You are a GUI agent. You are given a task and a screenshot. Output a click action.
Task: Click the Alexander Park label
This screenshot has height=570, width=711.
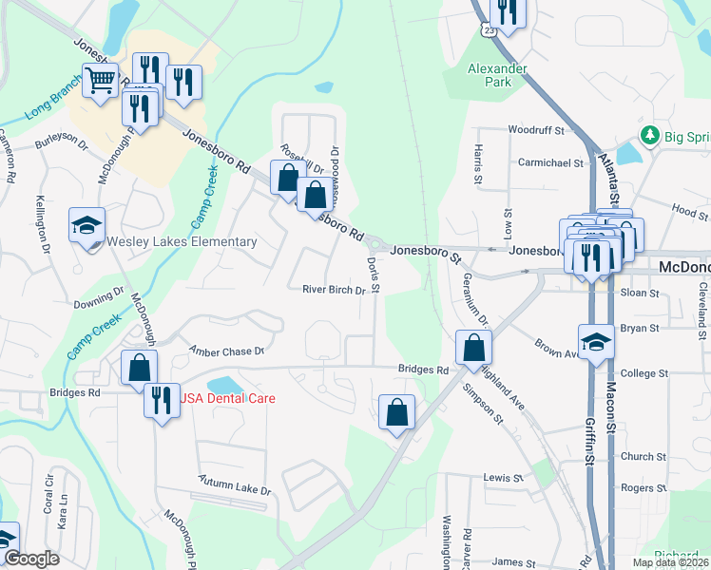tap(497, 75)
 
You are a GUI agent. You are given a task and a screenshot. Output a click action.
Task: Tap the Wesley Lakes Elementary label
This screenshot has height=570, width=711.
tap(182, 241)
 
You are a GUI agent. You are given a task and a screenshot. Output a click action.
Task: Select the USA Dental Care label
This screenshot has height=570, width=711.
tap(227, 398)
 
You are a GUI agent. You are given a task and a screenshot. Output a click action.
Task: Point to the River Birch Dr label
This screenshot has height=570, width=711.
tap(334, 290)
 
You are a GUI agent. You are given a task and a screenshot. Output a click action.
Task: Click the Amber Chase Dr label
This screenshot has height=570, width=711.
tap(226, 351)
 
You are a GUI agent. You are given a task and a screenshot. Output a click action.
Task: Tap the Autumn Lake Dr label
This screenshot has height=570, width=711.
tap(235, 484)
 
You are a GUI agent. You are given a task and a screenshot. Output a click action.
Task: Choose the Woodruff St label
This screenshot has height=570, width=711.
tap(536, 129)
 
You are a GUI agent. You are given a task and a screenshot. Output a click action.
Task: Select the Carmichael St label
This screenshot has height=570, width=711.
tap(550, 162)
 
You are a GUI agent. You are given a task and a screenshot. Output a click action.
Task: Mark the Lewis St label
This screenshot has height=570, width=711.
tap(503, 478)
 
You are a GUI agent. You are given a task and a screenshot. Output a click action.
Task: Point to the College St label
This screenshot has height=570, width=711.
tap(639, 374)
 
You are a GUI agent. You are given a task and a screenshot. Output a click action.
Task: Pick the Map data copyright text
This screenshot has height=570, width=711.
tap(670, 562)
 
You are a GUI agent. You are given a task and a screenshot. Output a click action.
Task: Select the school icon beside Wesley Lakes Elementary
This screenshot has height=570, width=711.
tap(86, 226)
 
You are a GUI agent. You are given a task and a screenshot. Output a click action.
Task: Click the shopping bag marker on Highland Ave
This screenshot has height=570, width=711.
tap(472, 348)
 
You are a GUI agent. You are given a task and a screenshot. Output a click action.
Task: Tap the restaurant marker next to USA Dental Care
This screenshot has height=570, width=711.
tap(161, 398)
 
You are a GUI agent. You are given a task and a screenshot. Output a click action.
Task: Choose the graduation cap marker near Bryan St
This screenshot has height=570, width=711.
tap(596, 342)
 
